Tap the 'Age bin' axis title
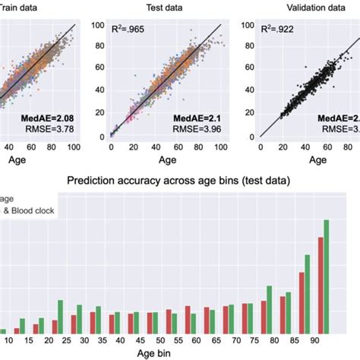point(179,354)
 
